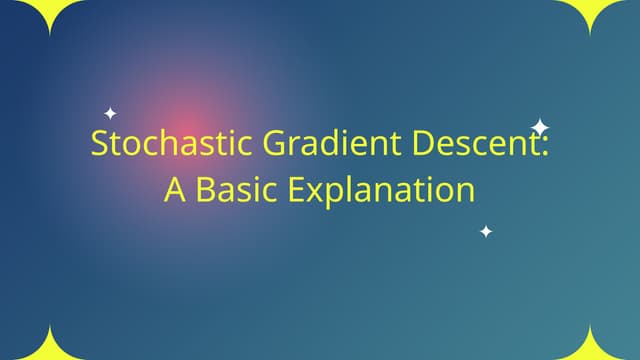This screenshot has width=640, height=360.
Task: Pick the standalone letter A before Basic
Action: pos(175,190)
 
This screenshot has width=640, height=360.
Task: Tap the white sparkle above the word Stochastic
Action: pos(110,113)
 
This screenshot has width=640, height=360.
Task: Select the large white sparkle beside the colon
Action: pos(540,127)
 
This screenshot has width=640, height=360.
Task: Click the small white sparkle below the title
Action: pos(486,232)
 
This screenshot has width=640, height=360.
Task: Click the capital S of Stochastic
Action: pos(99,144)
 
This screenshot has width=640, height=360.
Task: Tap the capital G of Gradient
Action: pos(276,144)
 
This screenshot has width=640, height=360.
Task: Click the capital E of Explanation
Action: pos(298,190)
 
